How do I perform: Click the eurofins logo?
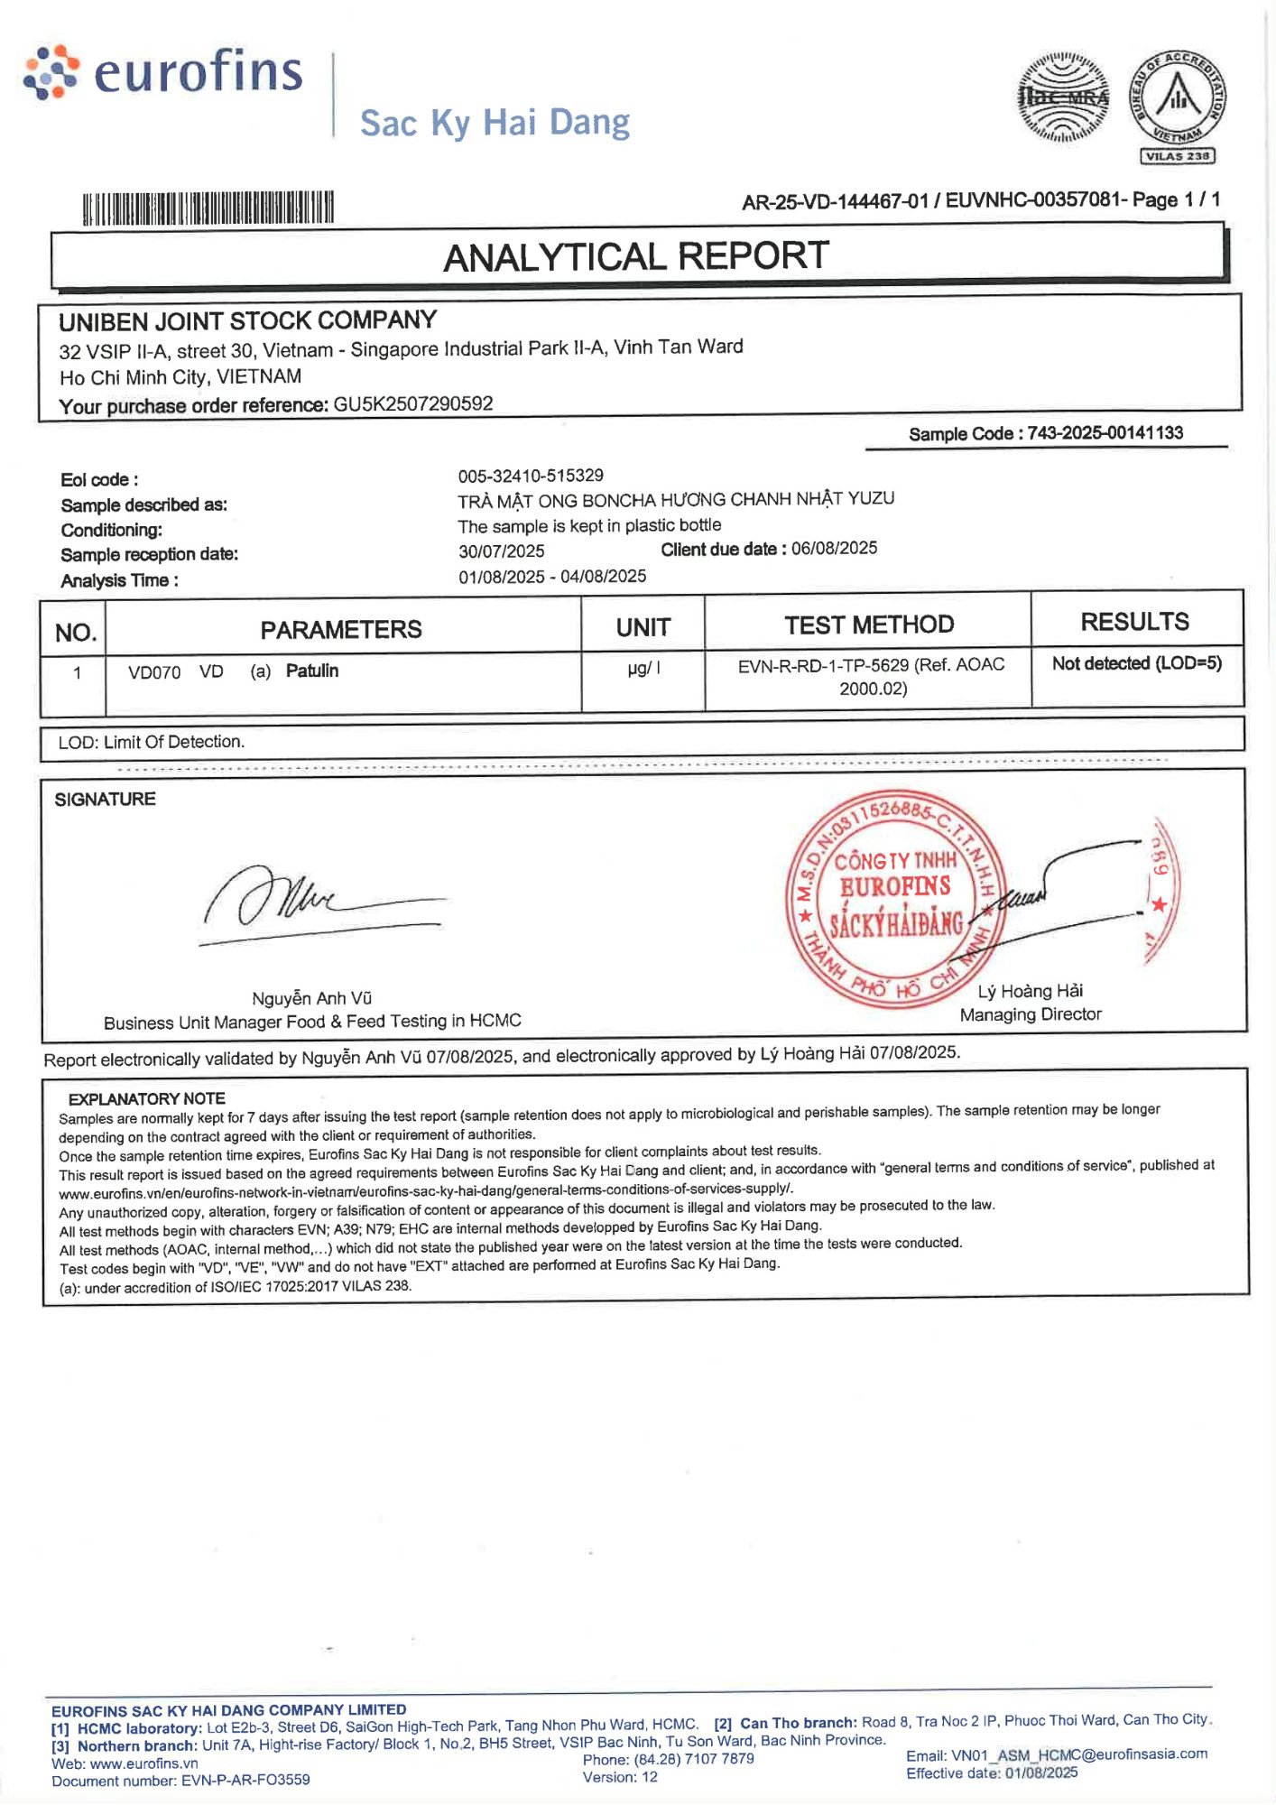click(x=163, y=72)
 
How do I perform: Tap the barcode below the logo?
click(x=208, y=208)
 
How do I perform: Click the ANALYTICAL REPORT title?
click(x=636, y=257)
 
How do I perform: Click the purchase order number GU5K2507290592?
click(x=413, y=403)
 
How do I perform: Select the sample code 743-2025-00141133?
click(x=1105, y=432)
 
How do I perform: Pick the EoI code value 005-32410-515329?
click(x=531, y=476)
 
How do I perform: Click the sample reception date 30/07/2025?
click(x=502, y=551)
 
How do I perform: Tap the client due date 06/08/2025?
click(x=834, y=548)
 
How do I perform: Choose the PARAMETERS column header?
click(x=341, y=629)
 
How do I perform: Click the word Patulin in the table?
click(x=312, y=671)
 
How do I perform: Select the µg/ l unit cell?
click(x=643, y=669)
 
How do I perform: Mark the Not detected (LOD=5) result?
click(x=1136, y=663)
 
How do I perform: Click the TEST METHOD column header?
click(x=868, y=625)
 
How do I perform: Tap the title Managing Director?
click(x=1031, y=1014)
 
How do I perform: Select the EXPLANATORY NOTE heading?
click(x=147, y=1098)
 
